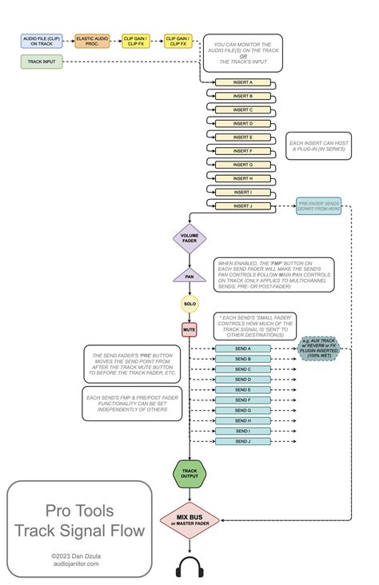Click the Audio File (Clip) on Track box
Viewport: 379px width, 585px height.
pos(42,40)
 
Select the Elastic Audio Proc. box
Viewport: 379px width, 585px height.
pos(92,40)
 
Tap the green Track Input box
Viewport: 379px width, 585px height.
pos(42,62)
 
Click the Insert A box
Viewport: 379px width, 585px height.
pos(243,82)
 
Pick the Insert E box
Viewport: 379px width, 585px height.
pos(243,137)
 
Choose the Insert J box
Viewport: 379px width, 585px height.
pos(243,205)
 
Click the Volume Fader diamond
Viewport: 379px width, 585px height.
pos(189,238)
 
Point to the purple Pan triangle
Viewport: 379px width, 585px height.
pos(189,277)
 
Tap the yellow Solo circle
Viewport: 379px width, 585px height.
pos(189,304)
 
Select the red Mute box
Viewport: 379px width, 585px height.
pos(189,328)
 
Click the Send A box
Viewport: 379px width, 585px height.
pos(243,349)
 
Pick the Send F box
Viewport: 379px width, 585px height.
pos(243,400)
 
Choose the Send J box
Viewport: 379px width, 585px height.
pos(243,440)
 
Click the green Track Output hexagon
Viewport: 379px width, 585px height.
pos(189,474)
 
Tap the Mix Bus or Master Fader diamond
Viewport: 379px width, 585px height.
pos(189,521)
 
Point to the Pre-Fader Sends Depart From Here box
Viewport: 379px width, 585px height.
pos(318,207)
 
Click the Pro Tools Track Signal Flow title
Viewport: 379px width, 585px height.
pos(79,519)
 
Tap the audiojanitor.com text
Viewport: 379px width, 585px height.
pos(79,563)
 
